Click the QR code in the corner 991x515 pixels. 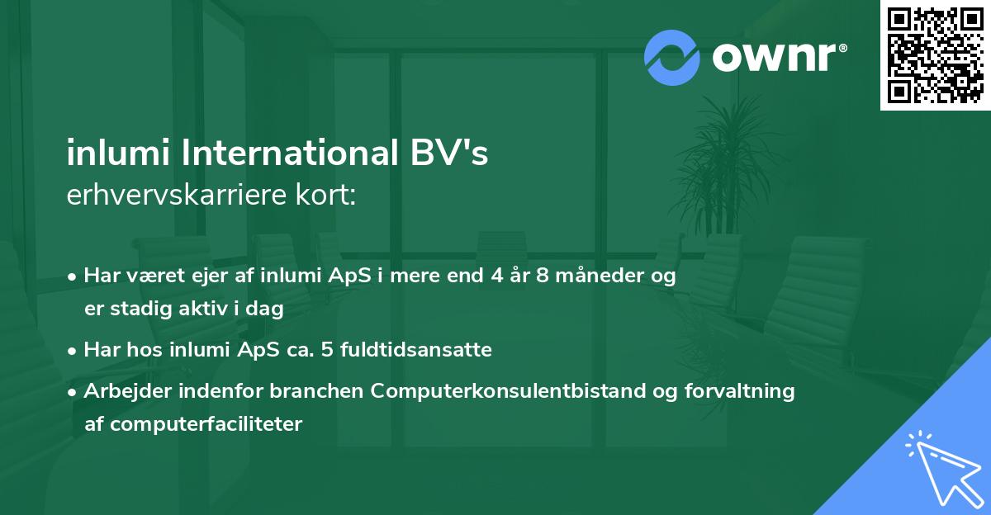pyautogui.click(x=935, y=55)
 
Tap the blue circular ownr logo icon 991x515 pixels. pyautogui.click(x=672, y=58)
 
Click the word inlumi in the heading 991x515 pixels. pyautogui.click(x=113, y=155)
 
